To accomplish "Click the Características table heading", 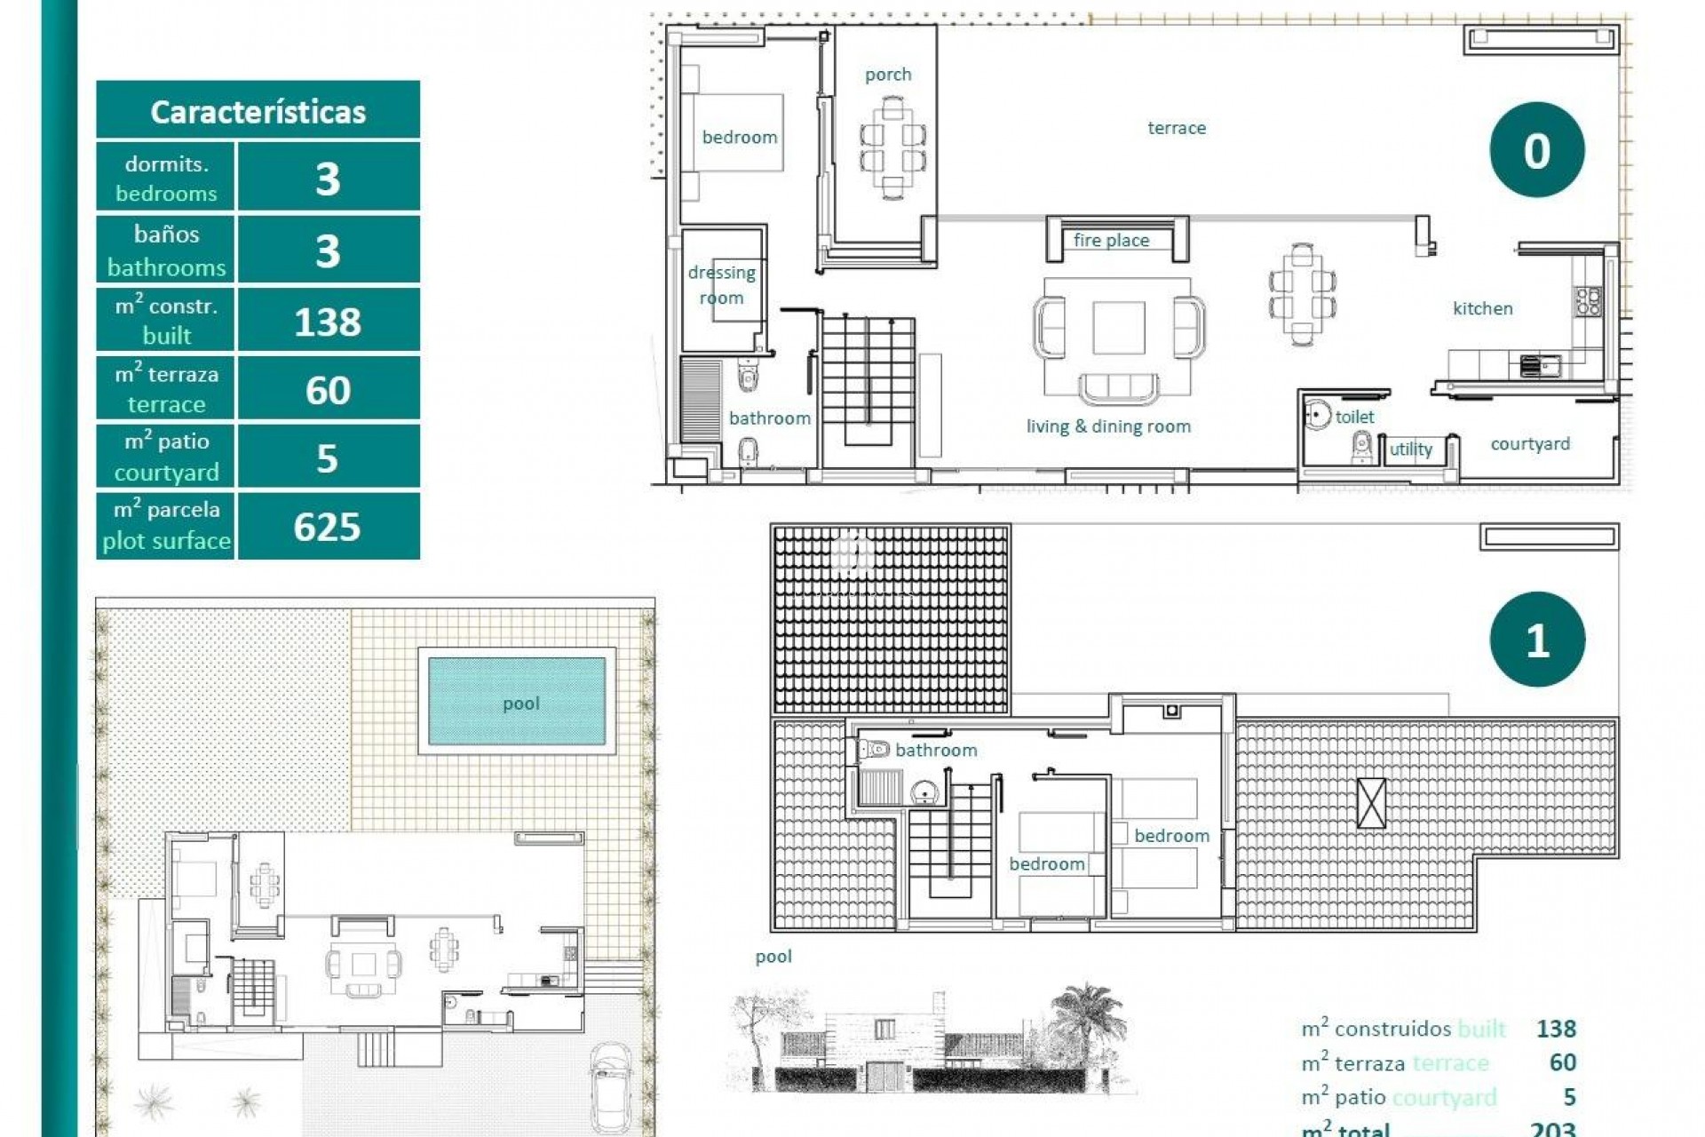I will tap(258, 111).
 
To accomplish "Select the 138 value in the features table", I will tap(328, 321).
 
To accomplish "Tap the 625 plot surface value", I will tap(328, 527).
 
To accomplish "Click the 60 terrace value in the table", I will tap(328, 390).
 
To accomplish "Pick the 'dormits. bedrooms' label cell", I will tap(165, 178).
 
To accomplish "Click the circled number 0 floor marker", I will tap(1536, 150).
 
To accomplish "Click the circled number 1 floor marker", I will tap(1536, 640).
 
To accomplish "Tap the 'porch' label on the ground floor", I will tap(888, 75).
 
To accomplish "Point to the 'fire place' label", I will tap(1111, 240).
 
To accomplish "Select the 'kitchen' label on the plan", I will tap(1482, 308).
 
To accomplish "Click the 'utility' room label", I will tap(1410, 449).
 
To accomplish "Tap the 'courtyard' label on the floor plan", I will tap(1529, 443).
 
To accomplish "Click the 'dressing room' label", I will tap(721, 285).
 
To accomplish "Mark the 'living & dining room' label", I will tap(1108, 426).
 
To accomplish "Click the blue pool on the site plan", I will tap(518, 702).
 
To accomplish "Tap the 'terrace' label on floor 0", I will tap(1177, 128).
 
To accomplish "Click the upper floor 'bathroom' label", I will tap(936, 750).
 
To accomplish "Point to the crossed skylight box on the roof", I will tap(1371, 803).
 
